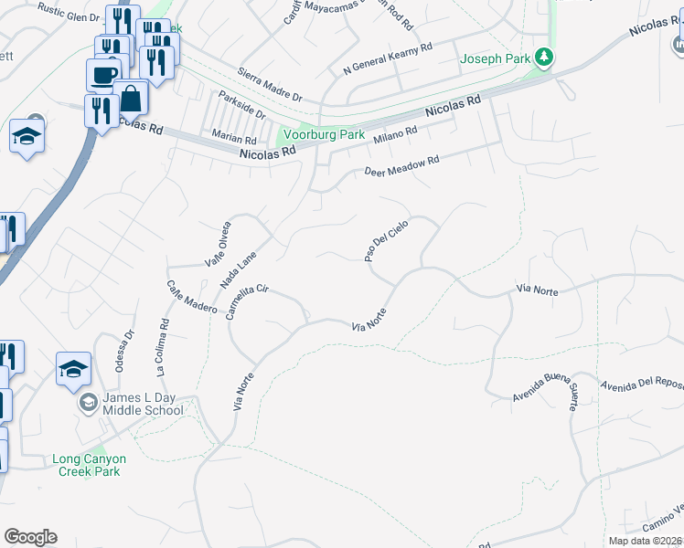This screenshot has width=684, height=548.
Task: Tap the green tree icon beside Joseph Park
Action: click(544, 58)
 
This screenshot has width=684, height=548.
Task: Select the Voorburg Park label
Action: click(323, 134)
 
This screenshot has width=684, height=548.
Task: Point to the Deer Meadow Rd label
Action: click(402, 165)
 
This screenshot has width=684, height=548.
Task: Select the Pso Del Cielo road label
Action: click(385, 240)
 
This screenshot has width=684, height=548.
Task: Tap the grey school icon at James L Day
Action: click(89, 403)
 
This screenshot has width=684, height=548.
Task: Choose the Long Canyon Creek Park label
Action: click(89, 465)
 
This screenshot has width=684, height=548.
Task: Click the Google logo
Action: click(30, 536)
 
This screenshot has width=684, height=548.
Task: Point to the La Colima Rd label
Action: click(162, 347)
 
